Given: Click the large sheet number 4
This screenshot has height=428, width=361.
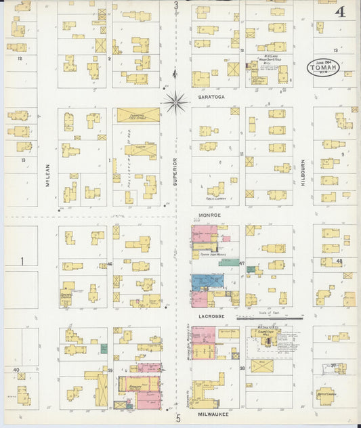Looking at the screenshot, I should coord(338,12).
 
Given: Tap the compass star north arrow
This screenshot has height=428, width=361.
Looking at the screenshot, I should coord(175,102).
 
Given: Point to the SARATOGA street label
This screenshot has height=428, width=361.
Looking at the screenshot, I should coord(210,97).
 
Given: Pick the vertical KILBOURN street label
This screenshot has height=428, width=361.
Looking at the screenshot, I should coord(302,174).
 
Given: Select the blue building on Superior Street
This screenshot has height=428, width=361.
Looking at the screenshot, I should coord(208,282).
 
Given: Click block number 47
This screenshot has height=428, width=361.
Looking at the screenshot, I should coord(241,262).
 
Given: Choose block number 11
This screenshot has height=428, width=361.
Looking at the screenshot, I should coord(241,154).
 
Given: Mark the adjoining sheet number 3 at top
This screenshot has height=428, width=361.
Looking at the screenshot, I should coord(175,6).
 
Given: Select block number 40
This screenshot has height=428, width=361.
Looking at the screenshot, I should coord(16,370).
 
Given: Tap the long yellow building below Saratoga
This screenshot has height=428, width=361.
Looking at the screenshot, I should coord(138,115).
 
